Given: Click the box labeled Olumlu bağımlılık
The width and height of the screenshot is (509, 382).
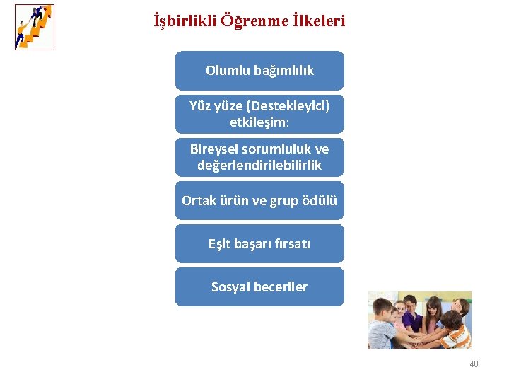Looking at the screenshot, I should pos(259,71).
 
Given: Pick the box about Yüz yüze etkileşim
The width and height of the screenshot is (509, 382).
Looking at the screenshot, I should pos(259,114).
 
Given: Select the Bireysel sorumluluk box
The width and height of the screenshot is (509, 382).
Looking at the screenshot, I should pos(259,157).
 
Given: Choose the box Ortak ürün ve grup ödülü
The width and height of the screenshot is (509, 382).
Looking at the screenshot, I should pos(259,200).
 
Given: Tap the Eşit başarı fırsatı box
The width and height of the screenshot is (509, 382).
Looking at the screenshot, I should pos(259,244).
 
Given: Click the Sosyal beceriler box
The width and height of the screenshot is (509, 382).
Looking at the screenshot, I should pos(259,287).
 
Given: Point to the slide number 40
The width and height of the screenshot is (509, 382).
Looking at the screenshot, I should pos(474,364).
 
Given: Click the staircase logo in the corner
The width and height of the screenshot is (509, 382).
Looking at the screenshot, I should pos(34,27).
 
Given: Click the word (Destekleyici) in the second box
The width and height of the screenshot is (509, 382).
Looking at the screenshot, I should pos(288,106).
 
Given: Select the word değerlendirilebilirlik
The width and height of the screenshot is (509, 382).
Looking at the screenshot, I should pos(259,166).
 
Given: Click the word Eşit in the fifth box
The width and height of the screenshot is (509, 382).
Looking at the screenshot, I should pos(220,244).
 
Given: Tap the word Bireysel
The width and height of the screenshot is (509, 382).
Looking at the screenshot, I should pos(215,149).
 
